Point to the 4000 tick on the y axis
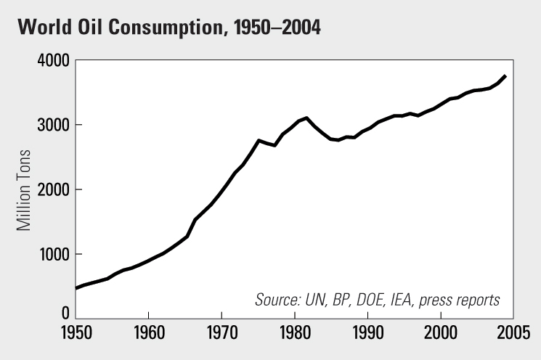[54, 61]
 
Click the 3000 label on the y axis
[54, 126]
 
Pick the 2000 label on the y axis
[54, 190]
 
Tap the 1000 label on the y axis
[54, 255]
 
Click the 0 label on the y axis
[65, 314]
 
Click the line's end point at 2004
[505, 75]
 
